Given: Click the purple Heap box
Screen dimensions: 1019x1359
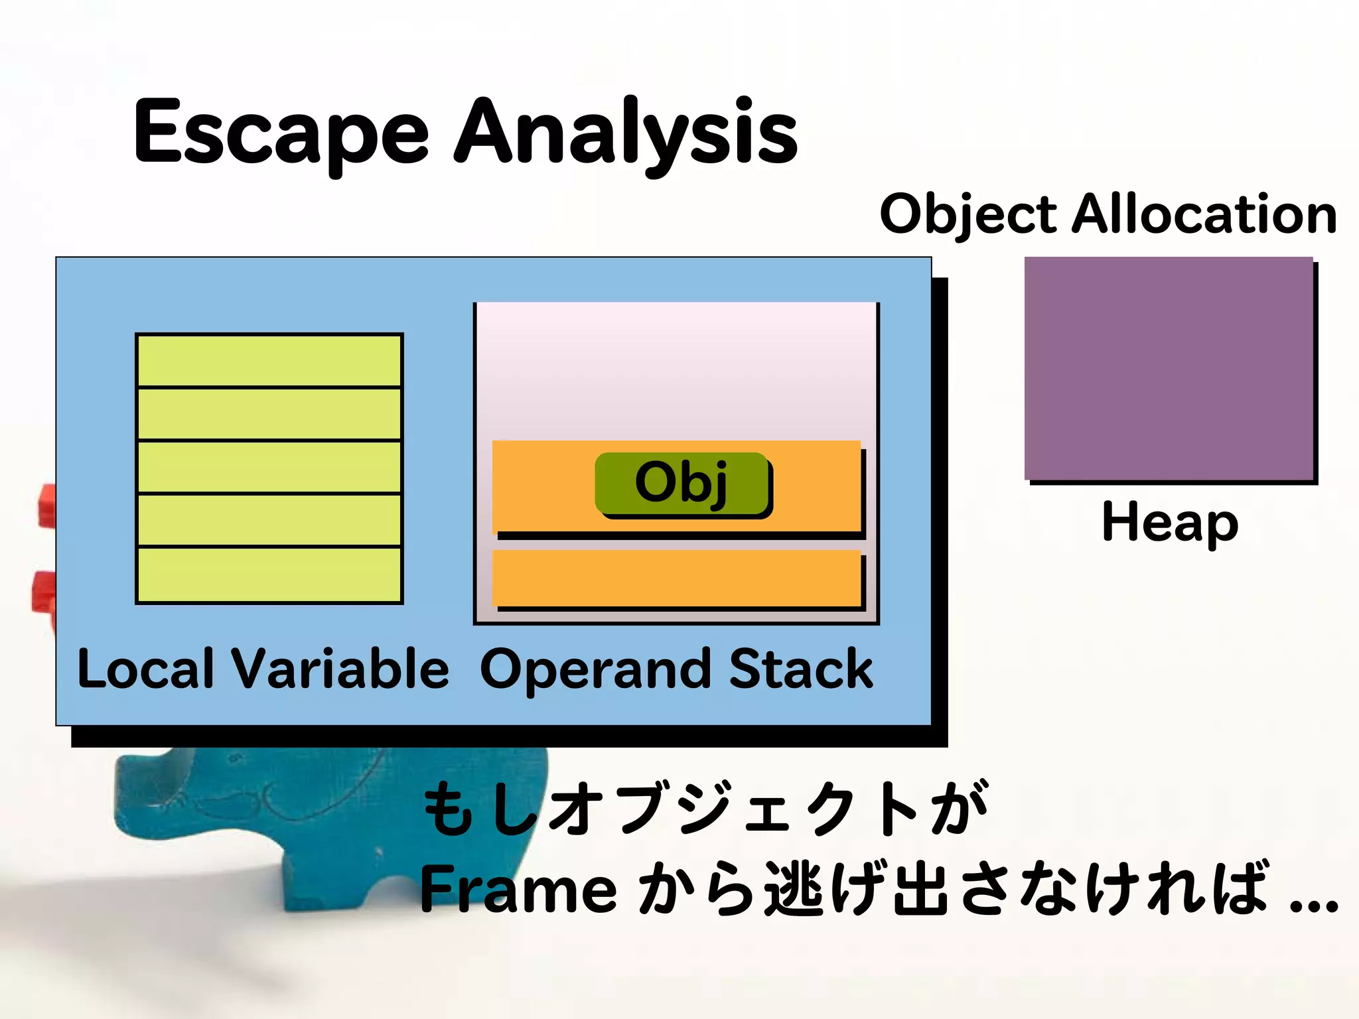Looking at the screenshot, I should pos(1169,368).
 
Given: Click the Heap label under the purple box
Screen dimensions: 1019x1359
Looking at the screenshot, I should pos(1169,523).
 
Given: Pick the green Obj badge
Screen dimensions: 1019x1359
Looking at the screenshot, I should pos(681,483).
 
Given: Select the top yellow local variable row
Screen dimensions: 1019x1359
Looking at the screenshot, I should pos(269,360).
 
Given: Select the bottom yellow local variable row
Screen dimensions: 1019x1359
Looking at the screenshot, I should pos(269,574).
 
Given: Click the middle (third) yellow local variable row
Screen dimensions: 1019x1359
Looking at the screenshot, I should pos(269,467).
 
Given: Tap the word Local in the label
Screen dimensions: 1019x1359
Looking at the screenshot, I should pos(146,669).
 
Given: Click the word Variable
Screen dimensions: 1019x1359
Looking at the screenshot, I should pos(340,669).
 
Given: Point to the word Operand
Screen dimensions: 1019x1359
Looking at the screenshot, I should pos(597,670).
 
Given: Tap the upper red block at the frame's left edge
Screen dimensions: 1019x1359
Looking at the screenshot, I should pos(47,506).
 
